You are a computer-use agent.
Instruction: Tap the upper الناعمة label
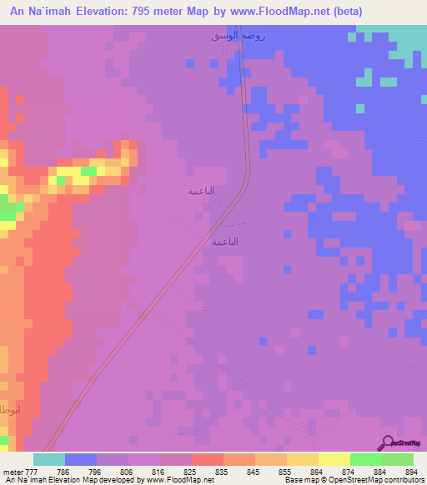tap(201, 191)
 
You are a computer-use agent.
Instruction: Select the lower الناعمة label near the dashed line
tap(225, 241)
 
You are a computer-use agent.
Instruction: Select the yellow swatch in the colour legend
tap(334, 459)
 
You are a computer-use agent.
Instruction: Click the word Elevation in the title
tap(108, 10)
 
